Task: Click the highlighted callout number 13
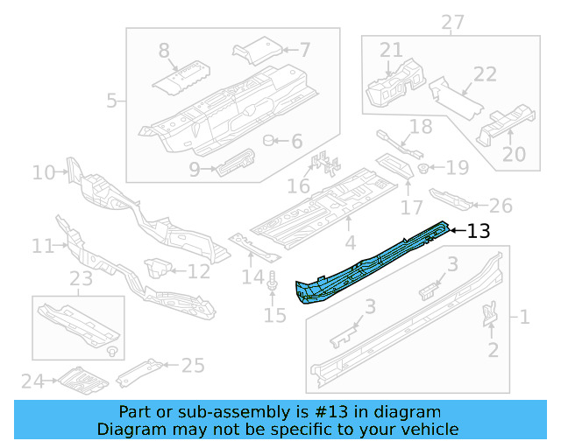[x=478, y=231]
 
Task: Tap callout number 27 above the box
[x=451, y=22]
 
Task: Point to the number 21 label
[x=391, y=51]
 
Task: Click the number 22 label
[x=486, y=75]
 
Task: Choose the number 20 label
[x=514, y=154]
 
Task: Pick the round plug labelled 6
[x=271, y=141]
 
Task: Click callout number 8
[x=164, y=51]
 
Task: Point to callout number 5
[x=111, y=101]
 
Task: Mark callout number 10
[x=43, y=172]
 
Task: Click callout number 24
[x=32, y=381]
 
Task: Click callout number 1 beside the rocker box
[x=524, y=316]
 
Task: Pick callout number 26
[x=501, y=206]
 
